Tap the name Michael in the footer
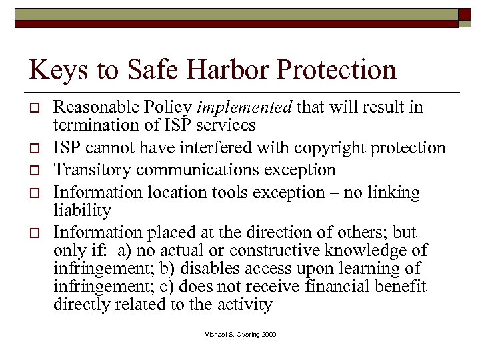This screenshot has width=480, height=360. point(217,333)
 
